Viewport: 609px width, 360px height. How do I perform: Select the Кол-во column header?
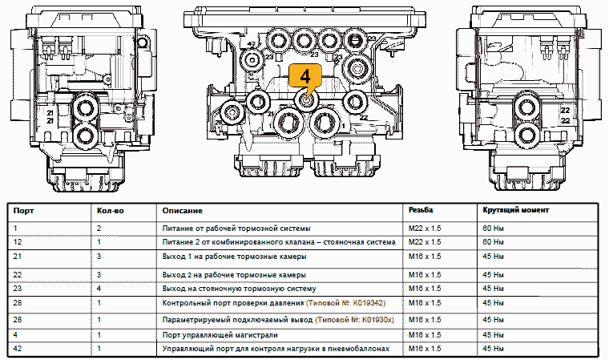click(x=110, y=210)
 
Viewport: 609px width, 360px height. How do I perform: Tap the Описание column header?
click(x=182, y=210)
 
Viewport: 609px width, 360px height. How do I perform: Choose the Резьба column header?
click(x=421, y=210)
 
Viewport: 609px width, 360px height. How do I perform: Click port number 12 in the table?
click(x=18, y=241)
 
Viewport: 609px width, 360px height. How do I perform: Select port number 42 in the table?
click(x=18, y=350)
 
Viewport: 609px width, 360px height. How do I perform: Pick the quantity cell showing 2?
click(x=99, y=228)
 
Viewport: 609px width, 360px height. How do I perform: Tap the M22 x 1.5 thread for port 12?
click(x=425, y=241)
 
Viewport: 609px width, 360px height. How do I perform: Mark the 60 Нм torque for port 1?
click(x=492, y=228)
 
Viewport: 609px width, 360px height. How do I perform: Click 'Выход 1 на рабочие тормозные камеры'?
click(x=233, y=257)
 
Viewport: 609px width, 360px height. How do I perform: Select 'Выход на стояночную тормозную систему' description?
click(x=240, y=288)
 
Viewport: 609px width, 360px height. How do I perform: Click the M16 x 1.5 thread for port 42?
click(x=425, y=350)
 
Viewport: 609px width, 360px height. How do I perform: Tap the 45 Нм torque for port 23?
click(x=492, y=288)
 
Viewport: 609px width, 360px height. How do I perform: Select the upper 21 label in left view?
click(x=50, y=114)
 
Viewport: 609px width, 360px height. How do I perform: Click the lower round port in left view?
click(x=84, y=134)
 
